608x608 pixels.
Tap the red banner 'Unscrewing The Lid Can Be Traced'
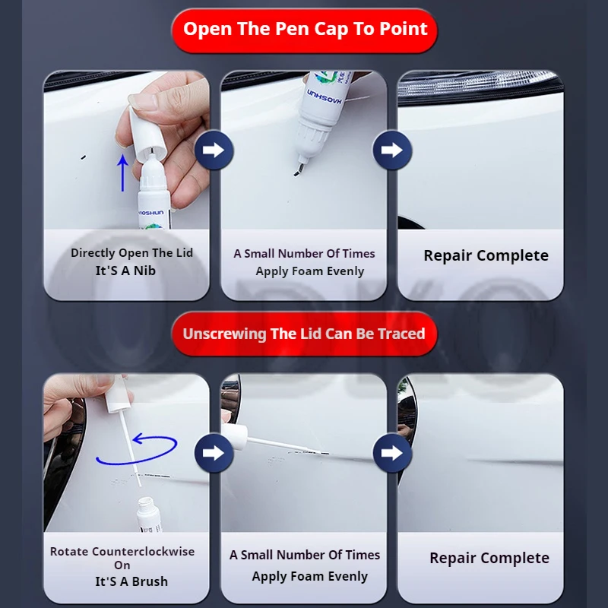[x=305, y=334]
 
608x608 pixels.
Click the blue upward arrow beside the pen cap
[x=123, y=173]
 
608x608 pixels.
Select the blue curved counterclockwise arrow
[x=137, y=450]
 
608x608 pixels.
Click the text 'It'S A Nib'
[x=125, y=271]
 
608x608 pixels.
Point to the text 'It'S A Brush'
[x=131, y=581]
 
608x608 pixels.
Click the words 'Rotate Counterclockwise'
[x=122, y=552]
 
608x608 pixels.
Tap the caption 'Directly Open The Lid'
[x=131, y=253]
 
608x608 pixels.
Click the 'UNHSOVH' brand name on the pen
[x=325, y=97]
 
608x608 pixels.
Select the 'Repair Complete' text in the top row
[x=486, y=255]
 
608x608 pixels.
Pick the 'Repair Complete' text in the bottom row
[x=489, y=558]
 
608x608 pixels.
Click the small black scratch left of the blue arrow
[x=83, y=157]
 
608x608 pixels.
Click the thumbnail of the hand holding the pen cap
[x=126, y=150]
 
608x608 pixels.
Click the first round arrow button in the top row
[x=214, y=150]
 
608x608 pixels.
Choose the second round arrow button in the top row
[x=392, y=150]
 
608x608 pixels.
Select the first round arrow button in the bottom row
[x=214, y=453]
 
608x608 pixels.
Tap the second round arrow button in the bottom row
[x=392, y=453]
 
